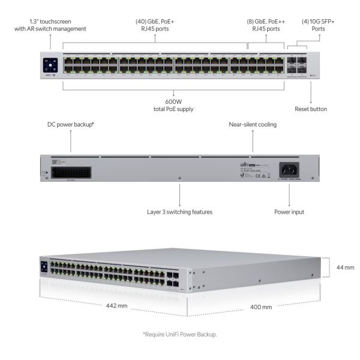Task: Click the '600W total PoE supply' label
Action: pos(173,105)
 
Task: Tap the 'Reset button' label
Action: pos(310,109)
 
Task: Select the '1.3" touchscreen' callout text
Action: pos(50,25)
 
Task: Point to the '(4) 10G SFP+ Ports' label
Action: pos(319,25)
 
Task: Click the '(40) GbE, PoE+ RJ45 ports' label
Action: pos(155,25)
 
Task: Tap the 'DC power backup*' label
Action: pos(71,125)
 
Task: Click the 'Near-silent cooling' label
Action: pos(253,125)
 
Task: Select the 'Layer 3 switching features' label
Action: pos(180,211)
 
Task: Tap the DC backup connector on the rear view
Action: pos(72,172)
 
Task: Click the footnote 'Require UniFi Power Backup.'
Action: pos(179,334)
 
